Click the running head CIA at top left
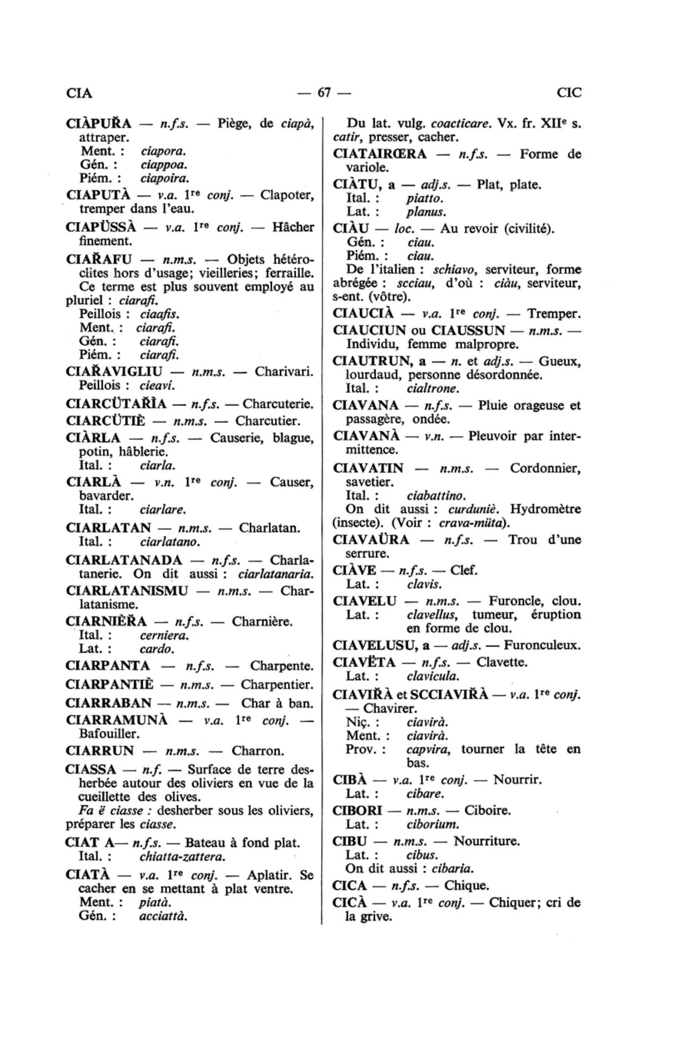tap(79, 92)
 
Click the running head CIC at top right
tap(569, 92)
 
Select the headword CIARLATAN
tap(109, 529)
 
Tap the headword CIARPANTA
tap(108, 666)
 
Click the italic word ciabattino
tap(436, 496)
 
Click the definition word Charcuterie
tap(278, 403)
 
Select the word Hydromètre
tap(549, 509)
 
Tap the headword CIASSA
tap(92, 770)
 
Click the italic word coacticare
tap(460, 124)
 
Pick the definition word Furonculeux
tap(542, 645)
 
